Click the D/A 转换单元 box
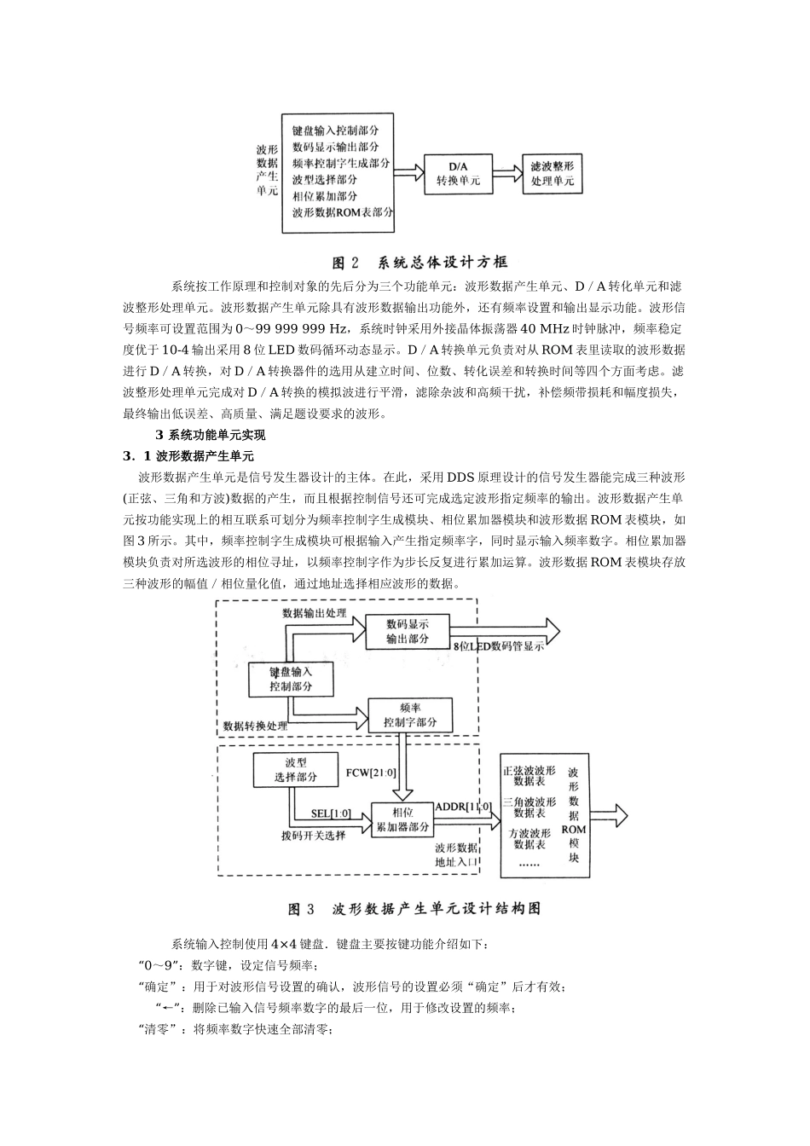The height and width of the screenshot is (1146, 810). point(458,173)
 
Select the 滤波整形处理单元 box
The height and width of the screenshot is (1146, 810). point(552,173)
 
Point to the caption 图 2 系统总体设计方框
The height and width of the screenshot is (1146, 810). point(419,262)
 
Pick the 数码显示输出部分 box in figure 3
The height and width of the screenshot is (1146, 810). point(408,632)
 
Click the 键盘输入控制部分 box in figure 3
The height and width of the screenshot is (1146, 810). point(291,679)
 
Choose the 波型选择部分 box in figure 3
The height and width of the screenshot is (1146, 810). point(295,769)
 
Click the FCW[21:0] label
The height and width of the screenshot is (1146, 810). point(371,773)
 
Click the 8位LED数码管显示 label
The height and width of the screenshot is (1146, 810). point(499,647)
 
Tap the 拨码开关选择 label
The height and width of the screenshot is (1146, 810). point(313,835)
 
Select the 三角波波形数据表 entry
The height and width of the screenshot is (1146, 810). point(529,807)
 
